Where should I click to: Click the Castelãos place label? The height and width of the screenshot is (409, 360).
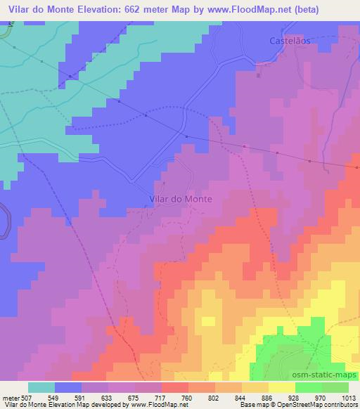click(290, 41)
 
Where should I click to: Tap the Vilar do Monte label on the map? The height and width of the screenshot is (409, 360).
click(181, 199)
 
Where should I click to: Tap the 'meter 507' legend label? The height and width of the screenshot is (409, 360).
click(16, 396)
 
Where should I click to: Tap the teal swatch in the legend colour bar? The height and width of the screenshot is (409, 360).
click(41, 387)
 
